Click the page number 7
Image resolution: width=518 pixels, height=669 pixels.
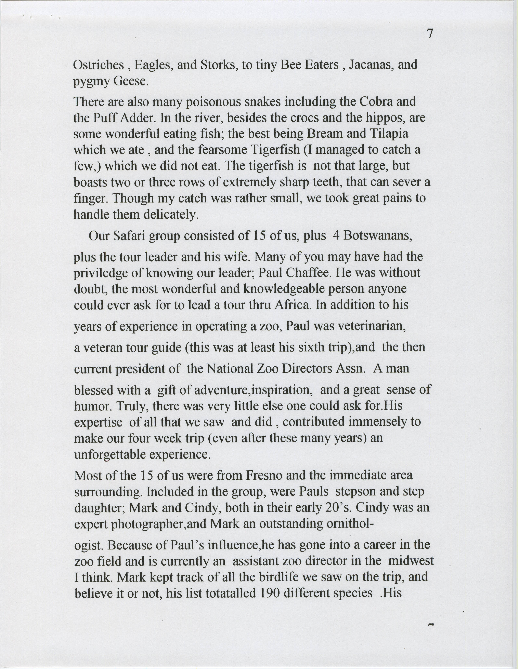tap(430, 34)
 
